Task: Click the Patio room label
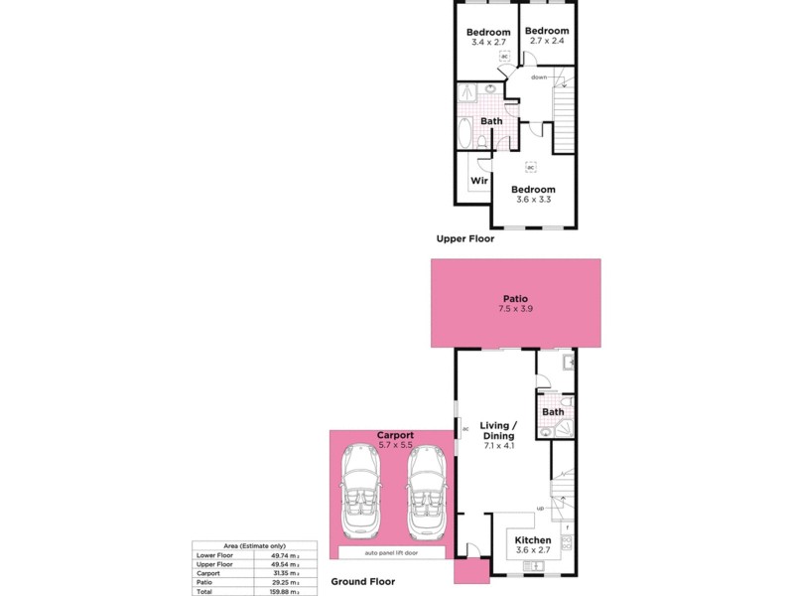click(514, 298)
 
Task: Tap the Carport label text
click(395, 435)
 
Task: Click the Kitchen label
click(533, 540)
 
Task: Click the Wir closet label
click(477, 181)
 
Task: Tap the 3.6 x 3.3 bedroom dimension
click(533, 200)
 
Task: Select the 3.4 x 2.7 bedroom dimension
click(488, 44)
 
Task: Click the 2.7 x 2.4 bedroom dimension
click(547, 42)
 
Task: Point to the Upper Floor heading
click(464, 239)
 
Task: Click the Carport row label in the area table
click(208, 573)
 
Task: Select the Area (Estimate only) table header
click(255, 545)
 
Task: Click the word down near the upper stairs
click(539, 76)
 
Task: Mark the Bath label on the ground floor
click(553, 412)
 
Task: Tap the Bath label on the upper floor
click(491, 121)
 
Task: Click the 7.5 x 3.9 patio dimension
click(514, 309)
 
